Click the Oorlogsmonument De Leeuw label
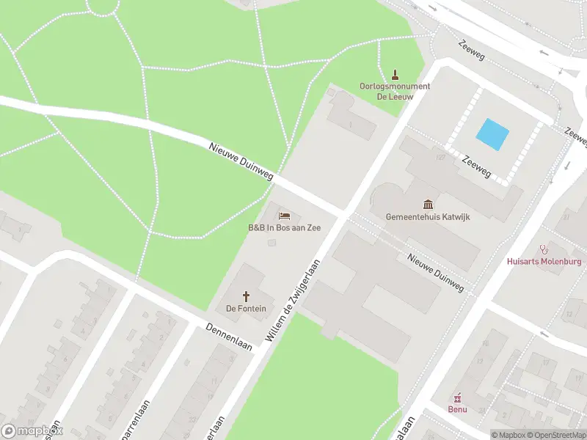tap(395, 91)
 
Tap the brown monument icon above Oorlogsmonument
tap(395, 74)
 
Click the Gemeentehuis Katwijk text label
tap(428, 217)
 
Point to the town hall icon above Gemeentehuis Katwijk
tap(428, 204)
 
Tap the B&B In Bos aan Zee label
tap(284, 228)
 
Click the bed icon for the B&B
tap(285, 216)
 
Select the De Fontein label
tap(246, 309)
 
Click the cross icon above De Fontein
tap(246, 296)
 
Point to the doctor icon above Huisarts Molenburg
tap(544, 249)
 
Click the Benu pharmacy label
tap(458, 409)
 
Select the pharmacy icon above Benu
tap(459, 397)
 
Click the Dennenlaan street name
tap(229, 336)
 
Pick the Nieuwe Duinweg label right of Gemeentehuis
tap(436, 272)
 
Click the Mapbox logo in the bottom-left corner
tap(32, 430)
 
